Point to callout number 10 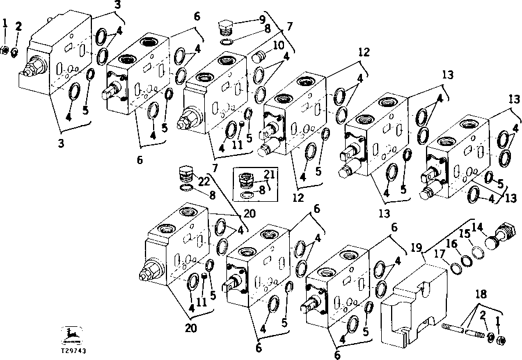tap(279, 45)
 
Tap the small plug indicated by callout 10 tap(259, 57)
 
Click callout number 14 tap(478, 226)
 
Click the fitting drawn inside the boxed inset tap(248, 180)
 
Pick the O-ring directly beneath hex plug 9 tap(228, 41)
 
